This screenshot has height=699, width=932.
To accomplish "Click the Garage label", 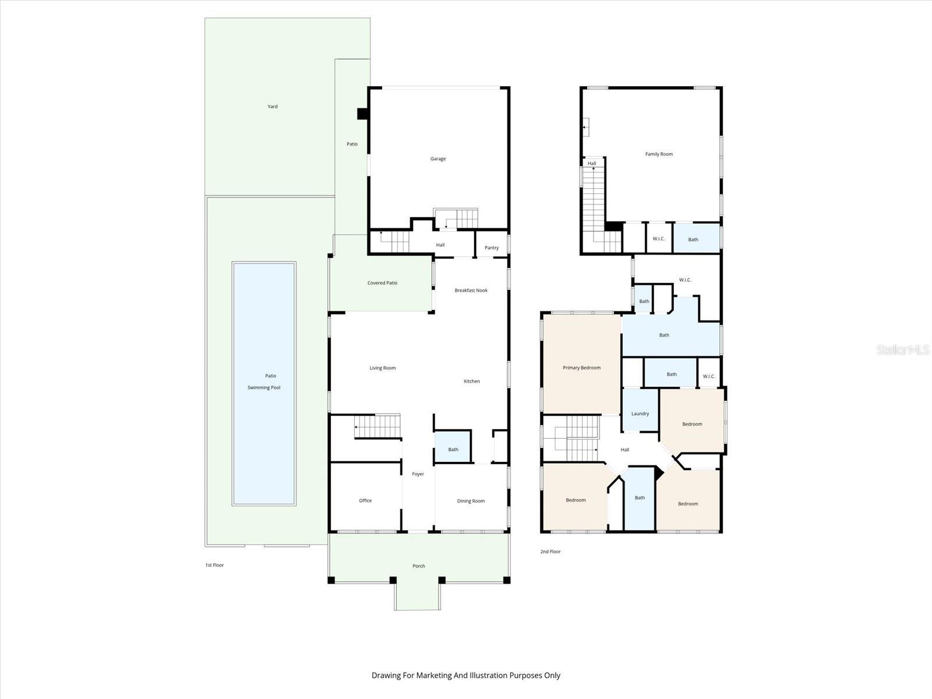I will [438, 158].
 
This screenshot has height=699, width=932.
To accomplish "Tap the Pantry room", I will [492, 248].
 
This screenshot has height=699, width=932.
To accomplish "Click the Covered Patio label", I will [382, 283].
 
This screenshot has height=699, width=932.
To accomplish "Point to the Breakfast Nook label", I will [471, 290].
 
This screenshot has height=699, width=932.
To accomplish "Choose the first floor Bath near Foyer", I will [453, 449].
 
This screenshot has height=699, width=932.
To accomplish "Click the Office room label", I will [365, 500].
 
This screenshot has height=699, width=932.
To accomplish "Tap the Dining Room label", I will [471, 501].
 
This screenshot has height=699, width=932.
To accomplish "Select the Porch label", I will [419, 566].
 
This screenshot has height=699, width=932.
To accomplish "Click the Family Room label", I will [659, 154].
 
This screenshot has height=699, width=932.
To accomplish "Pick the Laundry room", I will [640, 414].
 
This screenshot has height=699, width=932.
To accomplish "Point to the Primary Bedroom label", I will [581, 368].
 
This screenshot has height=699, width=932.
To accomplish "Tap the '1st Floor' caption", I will [214, 565].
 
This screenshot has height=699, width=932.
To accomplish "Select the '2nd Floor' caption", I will [550, 551].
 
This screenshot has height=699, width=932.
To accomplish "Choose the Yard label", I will [272, 107].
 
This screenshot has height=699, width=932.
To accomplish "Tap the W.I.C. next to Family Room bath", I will [659, 239].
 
